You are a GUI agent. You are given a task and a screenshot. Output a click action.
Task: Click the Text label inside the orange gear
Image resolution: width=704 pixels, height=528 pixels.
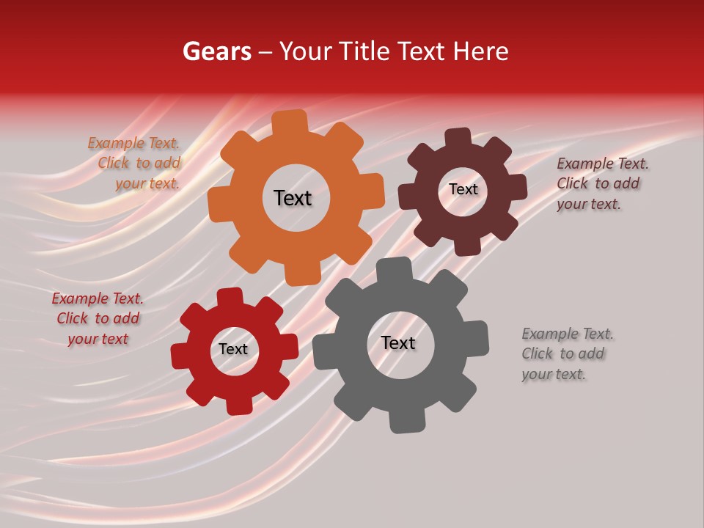[293, 198]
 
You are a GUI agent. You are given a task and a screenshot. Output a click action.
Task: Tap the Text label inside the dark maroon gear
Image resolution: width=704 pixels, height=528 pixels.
[463, 189]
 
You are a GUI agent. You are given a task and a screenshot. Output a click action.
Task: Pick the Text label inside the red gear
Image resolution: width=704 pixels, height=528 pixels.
[233, 350]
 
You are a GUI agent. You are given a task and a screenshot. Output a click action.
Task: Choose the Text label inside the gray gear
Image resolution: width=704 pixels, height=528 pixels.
[398, 343]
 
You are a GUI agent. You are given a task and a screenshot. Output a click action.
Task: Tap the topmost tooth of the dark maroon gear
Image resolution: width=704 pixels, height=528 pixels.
[458, 138]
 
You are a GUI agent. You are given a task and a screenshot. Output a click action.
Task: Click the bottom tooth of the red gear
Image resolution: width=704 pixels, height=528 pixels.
[238, 406]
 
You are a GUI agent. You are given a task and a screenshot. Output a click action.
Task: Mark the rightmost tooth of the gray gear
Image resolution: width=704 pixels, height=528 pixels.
[477, 337]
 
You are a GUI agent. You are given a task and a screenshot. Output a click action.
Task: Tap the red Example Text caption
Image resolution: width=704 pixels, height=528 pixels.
[98, 319]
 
